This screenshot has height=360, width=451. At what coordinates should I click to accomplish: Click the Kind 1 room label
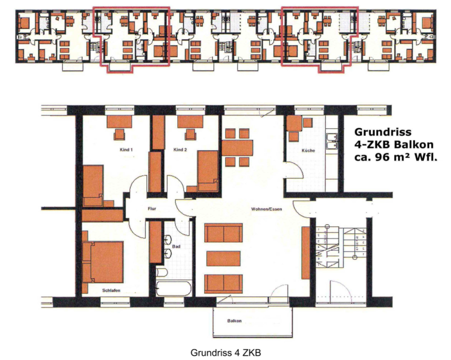pyautogui.click(x=126, y=150)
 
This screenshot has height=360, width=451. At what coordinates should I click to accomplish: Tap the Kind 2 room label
pyautogui.click(x=180, y=150)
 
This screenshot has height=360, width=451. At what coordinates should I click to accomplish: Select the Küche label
pyautogui.click(x=308, y=151)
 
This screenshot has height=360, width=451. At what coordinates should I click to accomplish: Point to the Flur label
pyautogui.click(x=152, y=208)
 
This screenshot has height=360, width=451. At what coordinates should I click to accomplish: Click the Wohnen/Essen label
pyautogui.click(x=266, y=209)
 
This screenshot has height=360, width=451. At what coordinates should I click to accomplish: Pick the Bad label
pyautogui.click(x=176, y=247)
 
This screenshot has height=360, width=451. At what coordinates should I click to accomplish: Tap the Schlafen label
pyautogui.click(x=111, y=291)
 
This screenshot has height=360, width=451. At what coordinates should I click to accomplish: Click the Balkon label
pyautogui.click(x=235, y=321)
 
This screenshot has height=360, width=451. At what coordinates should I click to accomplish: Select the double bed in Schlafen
pyautogui.click(x=103, y=262)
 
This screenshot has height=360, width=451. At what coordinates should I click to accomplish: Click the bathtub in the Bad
pyautogui.click(x=174, y=288)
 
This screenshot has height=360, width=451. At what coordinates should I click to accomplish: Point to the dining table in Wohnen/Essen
pyautogui.click(x=238, y=148)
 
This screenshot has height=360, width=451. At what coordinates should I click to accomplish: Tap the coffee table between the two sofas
pyautogui.click(x=223, y=258)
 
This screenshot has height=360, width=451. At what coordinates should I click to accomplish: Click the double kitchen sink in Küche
pyautogui.click(x=332, y=142)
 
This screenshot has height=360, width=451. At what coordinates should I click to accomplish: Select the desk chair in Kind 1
pyautogui.click(x=119, y=134)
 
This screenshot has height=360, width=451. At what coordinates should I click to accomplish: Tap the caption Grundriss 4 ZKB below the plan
pyautogui.click(x=226, y=352)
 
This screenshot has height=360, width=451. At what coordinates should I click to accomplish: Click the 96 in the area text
pyautogui.click(x=382, y=157)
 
